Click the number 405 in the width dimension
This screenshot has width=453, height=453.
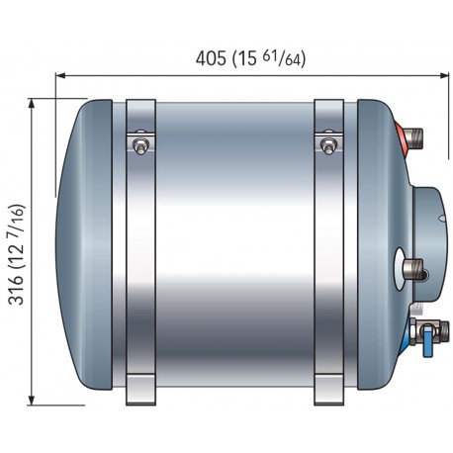pos(211,58)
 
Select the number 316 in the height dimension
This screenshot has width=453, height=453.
pos(17,290)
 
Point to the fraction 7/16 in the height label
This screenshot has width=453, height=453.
pos(17,221)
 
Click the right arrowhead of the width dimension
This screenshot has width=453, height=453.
pos(443,76)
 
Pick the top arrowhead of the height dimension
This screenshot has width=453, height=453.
pos(32,104)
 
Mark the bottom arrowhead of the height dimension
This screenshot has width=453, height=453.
pos(32,400)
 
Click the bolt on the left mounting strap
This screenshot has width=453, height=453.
pos(140,145)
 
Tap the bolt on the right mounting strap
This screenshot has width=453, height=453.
pos(328,145)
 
